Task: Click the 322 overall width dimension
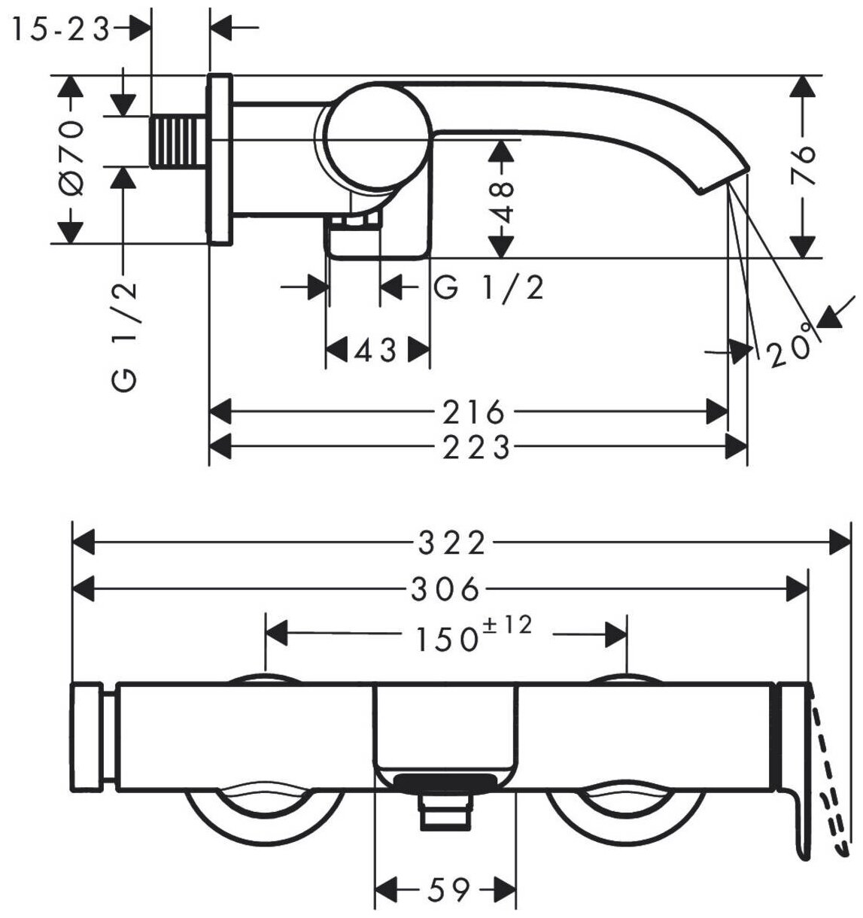pos(453,543)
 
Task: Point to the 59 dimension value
pos(447,890)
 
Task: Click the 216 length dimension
pos(472,412)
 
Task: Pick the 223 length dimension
pos(475,448)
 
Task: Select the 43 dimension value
pos(375,350)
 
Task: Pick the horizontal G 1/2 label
pos(489,288)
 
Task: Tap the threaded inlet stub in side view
pos(179,141)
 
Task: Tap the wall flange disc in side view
pos(219,159)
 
